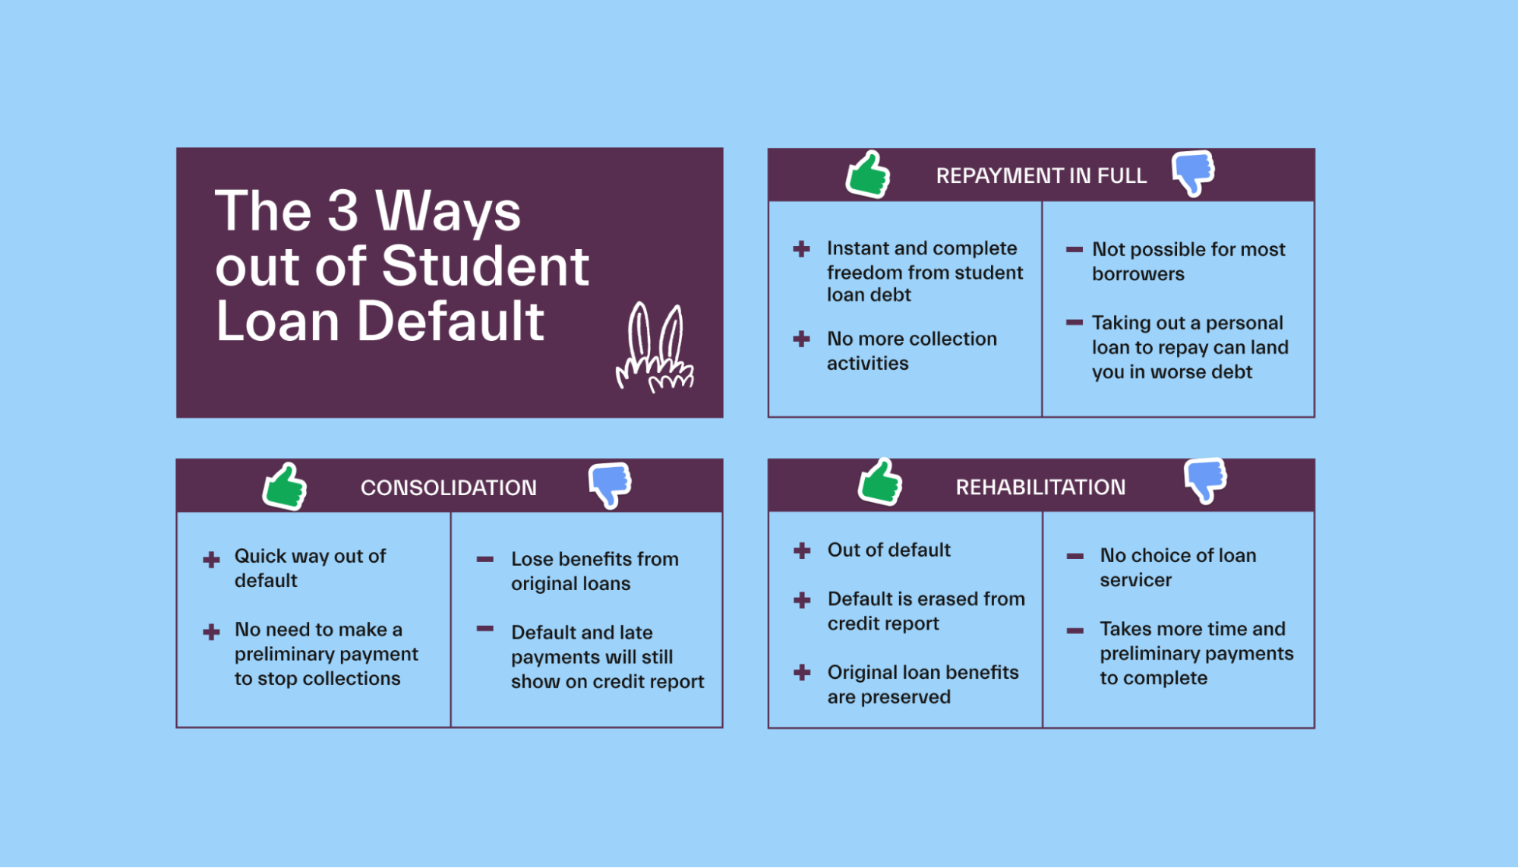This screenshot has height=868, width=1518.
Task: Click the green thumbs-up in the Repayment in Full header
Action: click(x=867, y=175)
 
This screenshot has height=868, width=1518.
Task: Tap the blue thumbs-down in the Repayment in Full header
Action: click(x=1193, y=172)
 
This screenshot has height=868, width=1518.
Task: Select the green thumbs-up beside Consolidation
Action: click(x=285, y=487)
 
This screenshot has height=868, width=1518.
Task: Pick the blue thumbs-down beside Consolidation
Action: click(x=610, y=484)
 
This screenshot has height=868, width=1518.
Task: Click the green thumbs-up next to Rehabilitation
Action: click(x=880, y=482)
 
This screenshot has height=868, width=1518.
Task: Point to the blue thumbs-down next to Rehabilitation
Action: click(x=1205, y=479)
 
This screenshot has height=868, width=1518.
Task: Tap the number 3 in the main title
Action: click(x=342, y=210)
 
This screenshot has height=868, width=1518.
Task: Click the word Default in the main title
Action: click(x=450, y=321)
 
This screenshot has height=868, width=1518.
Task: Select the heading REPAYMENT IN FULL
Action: click(x=1041, y=176)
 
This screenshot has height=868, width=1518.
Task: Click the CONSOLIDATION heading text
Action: click(x=448, y=488)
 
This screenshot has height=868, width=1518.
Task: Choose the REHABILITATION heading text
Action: click(x=1040, y=488)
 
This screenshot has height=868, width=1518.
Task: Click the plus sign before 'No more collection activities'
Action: click(x=801, y=339)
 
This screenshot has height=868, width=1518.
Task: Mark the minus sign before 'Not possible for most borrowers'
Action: click(x=1074, y=249)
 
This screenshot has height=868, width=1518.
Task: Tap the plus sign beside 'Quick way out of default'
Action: click(x=211, y=560)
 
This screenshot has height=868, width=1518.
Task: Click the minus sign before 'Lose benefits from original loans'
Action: click(x=484, y=560)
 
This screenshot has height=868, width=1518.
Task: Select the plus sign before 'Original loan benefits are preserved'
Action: click(x=802, y=672)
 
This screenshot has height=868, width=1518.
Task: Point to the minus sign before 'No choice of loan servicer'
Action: click(x=1075, y=556)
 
